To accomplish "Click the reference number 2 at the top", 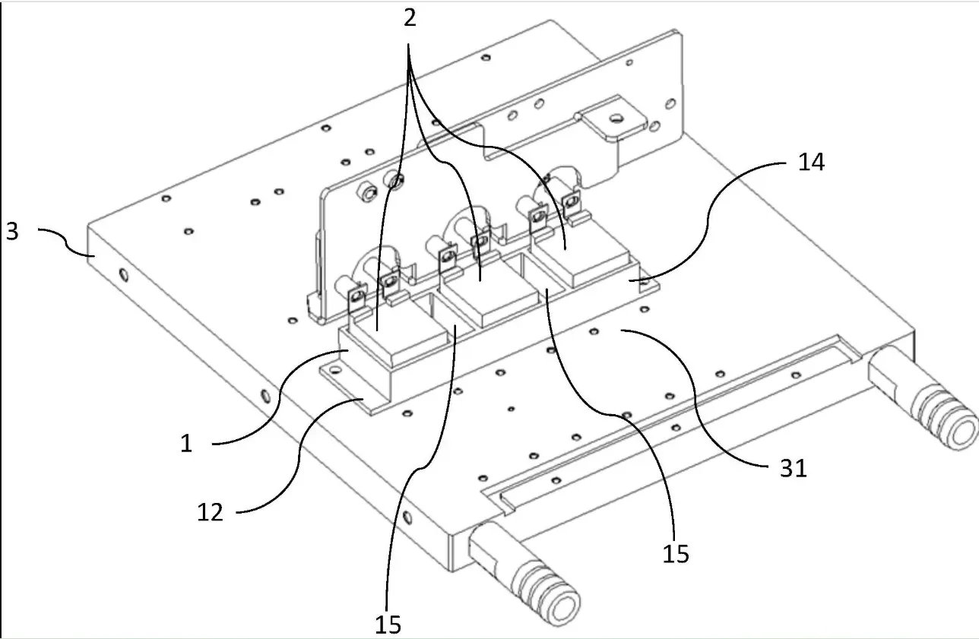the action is (x=410, y=19).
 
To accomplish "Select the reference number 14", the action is (x=811, y=162).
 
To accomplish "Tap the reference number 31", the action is (x=794, y=469).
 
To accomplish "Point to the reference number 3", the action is (x=13, y=231).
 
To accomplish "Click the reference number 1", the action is (x=187, y=444).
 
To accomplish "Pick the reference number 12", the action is (x=211, y=512).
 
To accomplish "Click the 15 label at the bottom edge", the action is (x=388, y=625).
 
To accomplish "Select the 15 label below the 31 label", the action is (x=676, y=554).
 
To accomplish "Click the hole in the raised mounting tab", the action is (x=616, y=118).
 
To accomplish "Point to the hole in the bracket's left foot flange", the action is (x=336, y=371).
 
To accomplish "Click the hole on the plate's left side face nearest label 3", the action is (x=124, y=275).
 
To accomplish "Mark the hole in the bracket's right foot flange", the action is (x=645, y=283).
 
